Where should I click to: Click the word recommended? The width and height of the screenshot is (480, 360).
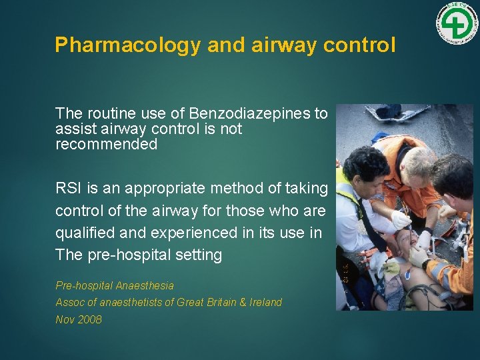click(106, 144)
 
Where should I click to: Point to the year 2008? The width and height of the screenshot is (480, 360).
click(89, 320)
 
